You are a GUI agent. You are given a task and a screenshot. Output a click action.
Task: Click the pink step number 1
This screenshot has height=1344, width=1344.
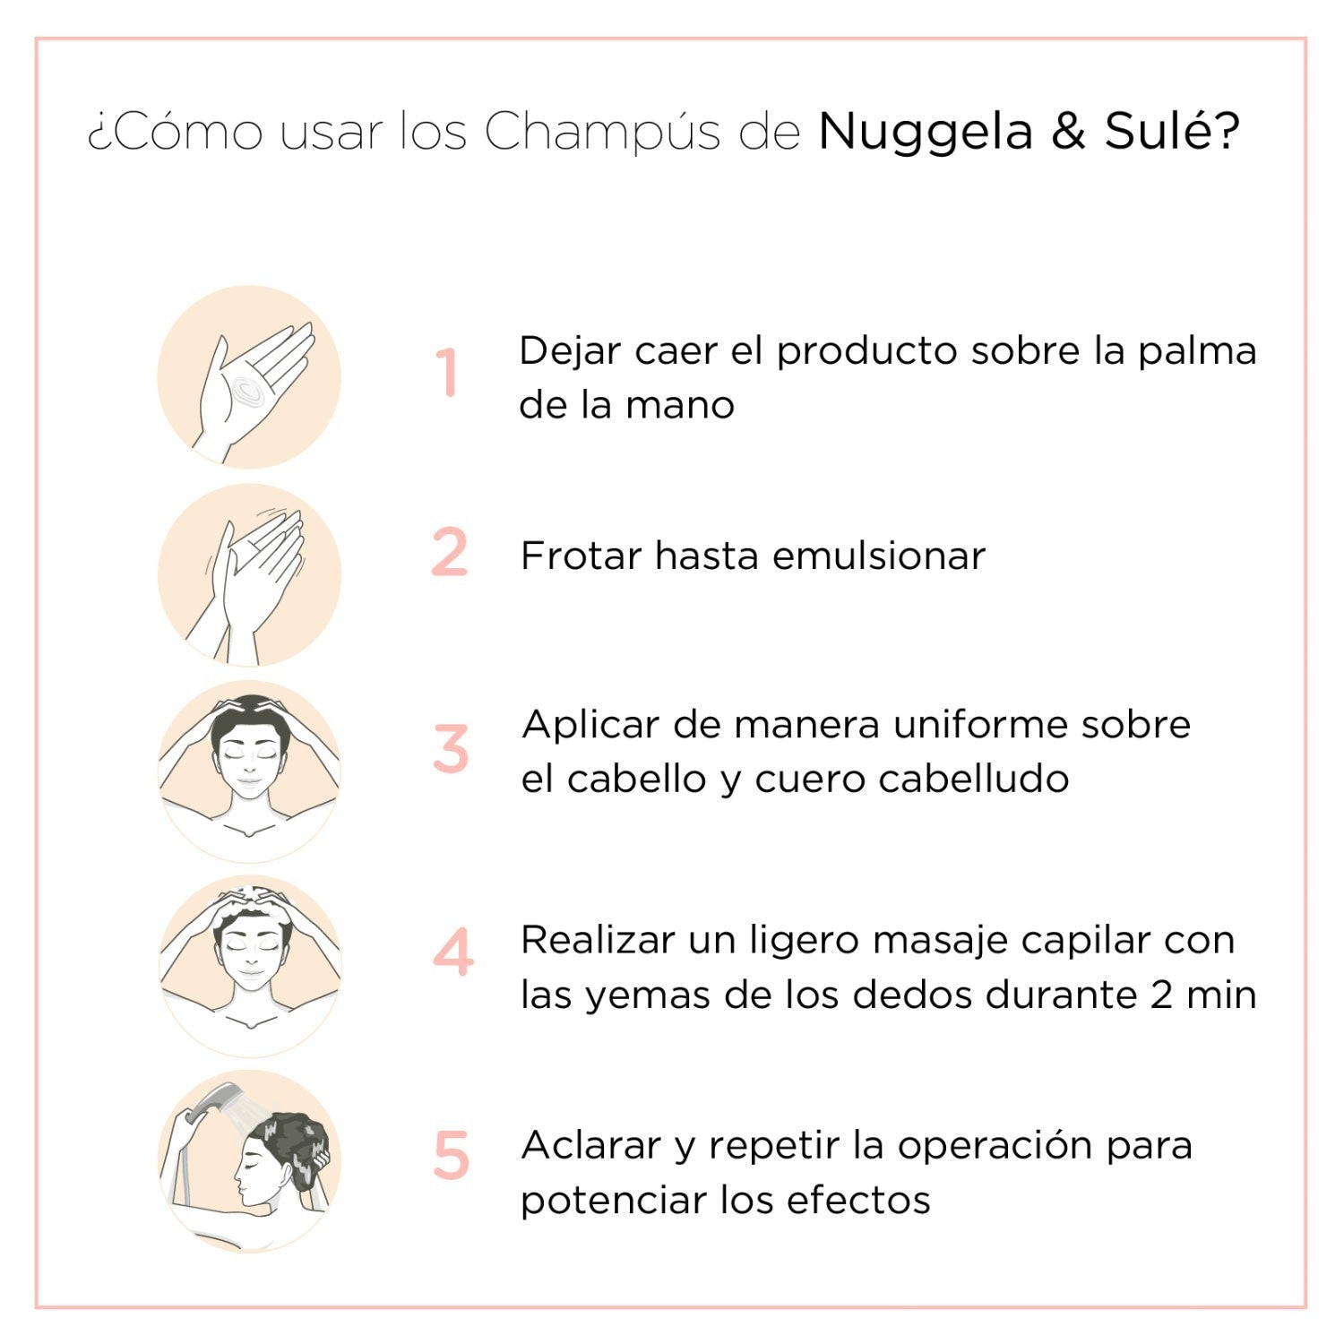pos(448,373)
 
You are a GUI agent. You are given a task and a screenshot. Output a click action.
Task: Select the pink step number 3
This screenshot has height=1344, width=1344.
pos(451,749)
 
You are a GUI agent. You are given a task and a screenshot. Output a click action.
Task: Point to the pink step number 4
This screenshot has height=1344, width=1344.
pos(453,953)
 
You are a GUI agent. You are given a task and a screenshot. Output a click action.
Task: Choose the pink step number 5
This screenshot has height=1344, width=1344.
pos(452,1156)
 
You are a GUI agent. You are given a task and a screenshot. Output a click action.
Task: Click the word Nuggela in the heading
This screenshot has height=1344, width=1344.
pos(926,133)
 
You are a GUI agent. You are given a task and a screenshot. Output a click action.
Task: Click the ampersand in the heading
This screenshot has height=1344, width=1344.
pos(1068,132)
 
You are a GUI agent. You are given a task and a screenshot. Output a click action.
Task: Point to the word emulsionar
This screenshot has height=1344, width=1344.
pos(878,556)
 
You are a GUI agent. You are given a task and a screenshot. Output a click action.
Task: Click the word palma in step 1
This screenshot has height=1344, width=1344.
pos(1197,351)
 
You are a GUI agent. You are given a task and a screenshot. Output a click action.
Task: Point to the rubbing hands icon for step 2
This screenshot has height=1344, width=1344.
pos(250,574)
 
